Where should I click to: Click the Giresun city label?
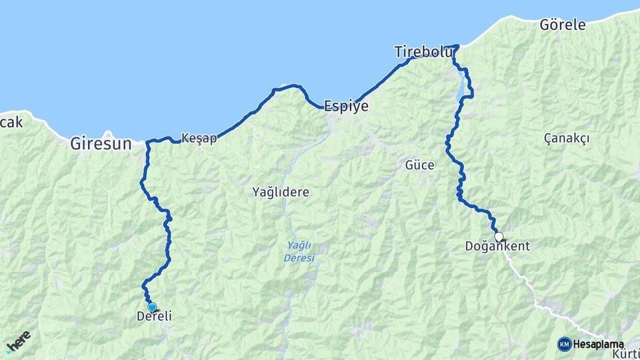point(101,143)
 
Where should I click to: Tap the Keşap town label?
point(199,139)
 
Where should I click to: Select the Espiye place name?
point(345,106)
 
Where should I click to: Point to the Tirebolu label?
point(423,52)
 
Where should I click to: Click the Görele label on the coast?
point(562,25)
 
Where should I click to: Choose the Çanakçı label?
point(567,138)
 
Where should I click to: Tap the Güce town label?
point(419,165)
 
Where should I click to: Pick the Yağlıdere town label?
point(281,192)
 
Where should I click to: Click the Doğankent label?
point(497,246)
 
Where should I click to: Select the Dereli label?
point(154,317)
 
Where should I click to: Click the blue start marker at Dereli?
point(152,307)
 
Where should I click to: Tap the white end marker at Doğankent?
point(498,236)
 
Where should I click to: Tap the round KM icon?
point(564,344)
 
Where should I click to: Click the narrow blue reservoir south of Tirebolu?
point(461,85)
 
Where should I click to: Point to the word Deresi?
point(299,258)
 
